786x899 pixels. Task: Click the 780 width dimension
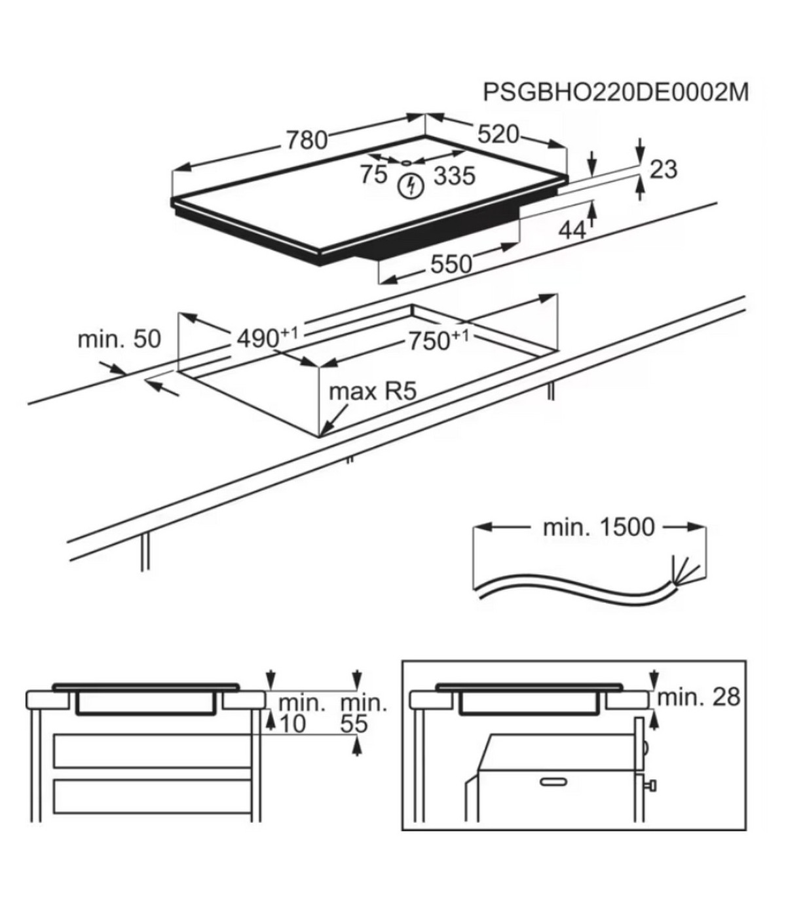[x=306, y=140]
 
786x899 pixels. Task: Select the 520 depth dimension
[x=497, y=134]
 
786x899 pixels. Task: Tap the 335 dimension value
[x=454, y=176]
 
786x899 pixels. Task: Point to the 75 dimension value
[x=373, y=175]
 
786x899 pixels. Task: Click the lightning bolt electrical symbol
[x=411, y=185]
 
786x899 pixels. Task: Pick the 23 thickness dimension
[x=663, y=169]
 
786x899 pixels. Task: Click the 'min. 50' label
[x=119, y=339]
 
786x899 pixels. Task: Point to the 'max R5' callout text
[x=372, y=392]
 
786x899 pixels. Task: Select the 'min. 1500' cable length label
[x=598, y=527]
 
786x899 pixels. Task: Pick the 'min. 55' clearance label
[x=363, y=714]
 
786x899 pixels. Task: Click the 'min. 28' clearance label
[x=698, y=697]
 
